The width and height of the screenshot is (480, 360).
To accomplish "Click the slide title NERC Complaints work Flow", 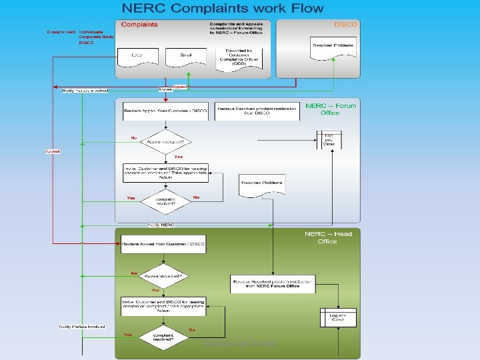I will [x=222, y=9].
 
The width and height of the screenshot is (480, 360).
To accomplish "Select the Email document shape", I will [x=188, y=55].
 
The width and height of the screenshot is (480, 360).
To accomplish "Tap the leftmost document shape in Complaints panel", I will [x=136, y=55].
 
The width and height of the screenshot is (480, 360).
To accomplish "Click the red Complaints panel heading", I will [x=140, y=25].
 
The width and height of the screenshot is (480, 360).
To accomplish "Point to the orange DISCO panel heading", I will [x=345, y=25].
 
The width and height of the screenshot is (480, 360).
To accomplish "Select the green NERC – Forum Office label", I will [x=331, y=109].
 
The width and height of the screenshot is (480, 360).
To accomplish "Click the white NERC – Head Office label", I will [x=328, y=237].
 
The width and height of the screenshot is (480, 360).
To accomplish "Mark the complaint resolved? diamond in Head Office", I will [x=163, y=337].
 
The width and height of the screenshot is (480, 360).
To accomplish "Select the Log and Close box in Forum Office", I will [x=329, y=140].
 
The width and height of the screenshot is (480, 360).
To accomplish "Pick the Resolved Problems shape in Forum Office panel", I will [x=261, y=184].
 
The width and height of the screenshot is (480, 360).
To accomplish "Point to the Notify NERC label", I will [x=161, y=225].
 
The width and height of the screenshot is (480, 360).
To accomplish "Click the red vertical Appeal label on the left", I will [x=52, y=151].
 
